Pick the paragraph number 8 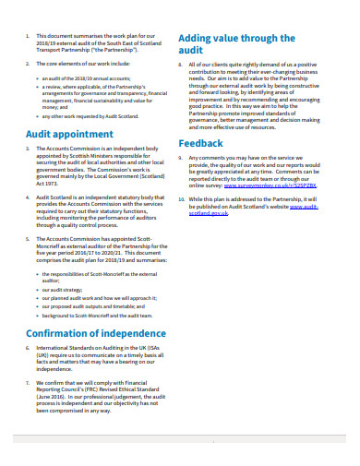[x=181, y=66]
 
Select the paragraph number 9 [x=181, y=158]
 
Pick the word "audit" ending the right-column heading [x=190, y=53]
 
